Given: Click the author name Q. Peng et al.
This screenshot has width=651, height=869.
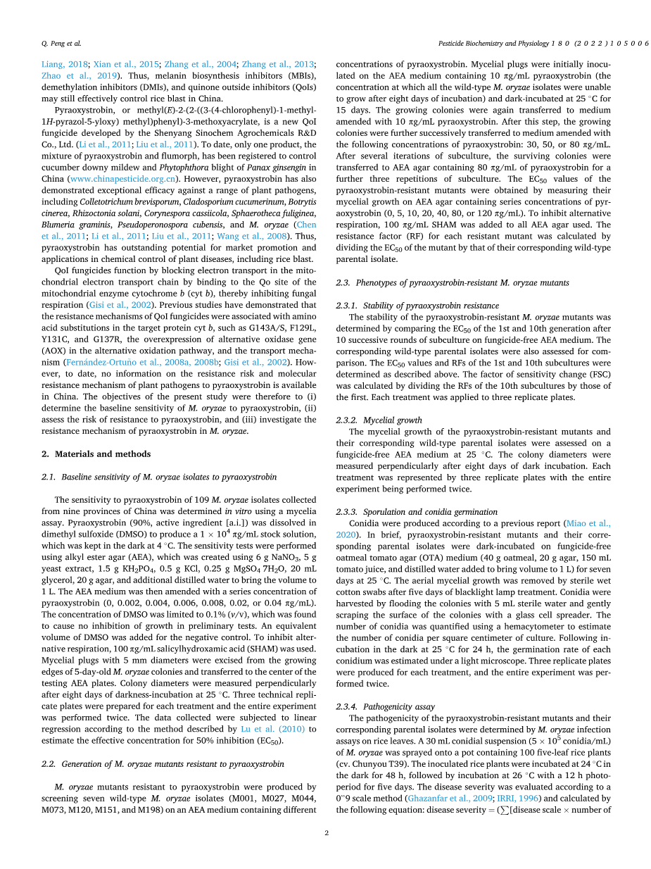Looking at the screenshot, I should (61, 43).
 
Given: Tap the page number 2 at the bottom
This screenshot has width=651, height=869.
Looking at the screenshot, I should (327, 834).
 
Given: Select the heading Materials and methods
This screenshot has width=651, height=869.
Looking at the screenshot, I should (99, 454).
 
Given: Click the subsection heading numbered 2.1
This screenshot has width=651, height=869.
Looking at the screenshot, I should (159, 477).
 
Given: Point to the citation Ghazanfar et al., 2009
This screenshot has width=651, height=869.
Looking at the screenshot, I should (452, 798).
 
